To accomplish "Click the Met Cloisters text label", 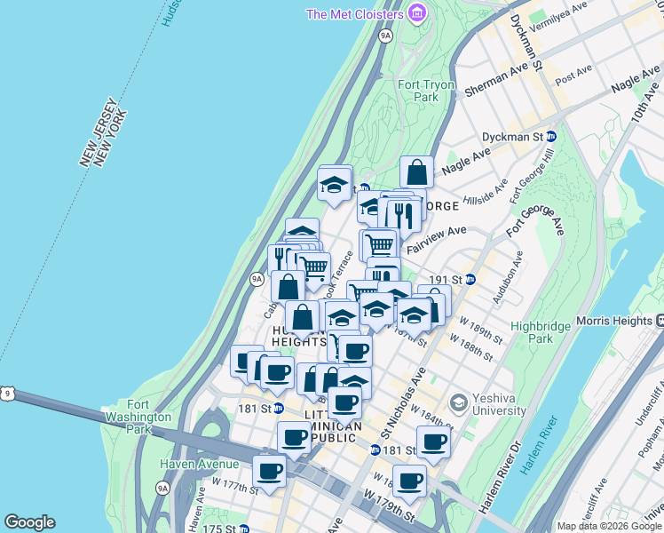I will tap(354, 14).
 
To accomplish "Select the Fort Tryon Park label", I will tap(426, 91).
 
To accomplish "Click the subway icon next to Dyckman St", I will tap(550, 137).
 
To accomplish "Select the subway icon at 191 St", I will tap(470, 279).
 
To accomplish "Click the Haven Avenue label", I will tap(200, 464).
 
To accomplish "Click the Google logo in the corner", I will tap(29, 522).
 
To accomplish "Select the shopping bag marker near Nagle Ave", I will tap(415, 172).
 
